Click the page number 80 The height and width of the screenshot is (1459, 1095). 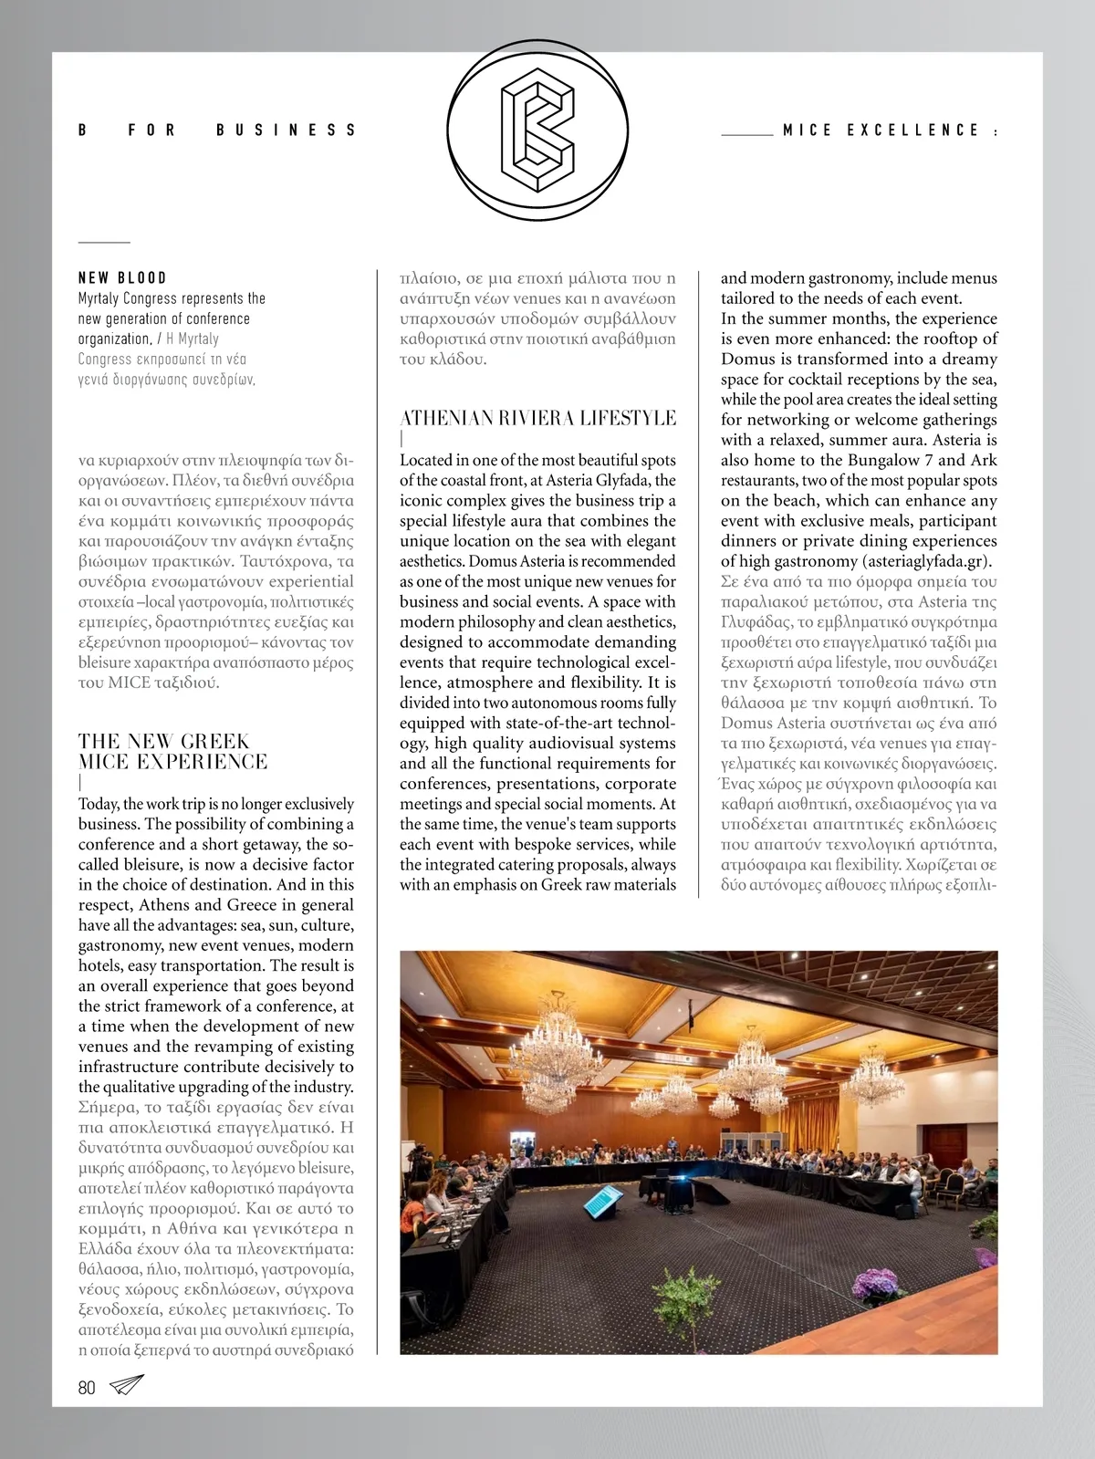click(87, 1387)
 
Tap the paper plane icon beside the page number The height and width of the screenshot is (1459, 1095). click(127, 1385)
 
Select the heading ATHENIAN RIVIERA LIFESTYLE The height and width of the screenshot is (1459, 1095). click(537, 418)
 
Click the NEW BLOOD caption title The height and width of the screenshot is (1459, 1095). click(122, 277)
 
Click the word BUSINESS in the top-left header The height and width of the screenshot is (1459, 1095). click(286, 130)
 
